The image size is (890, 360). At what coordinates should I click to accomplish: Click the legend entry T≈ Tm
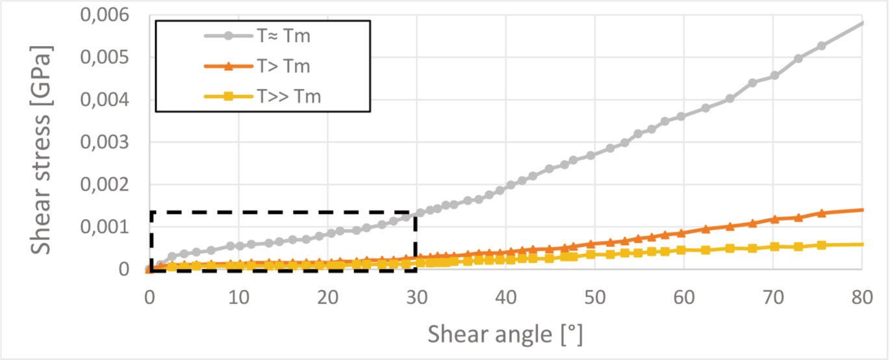[x=283, y=36]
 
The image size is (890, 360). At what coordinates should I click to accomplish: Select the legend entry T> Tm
[x=283, y=66]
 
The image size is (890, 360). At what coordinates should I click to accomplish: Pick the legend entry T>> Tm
[x=288, y=97]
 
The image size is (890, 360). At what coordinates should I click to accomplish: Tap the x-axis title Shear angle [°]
[x=505, y=335]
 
